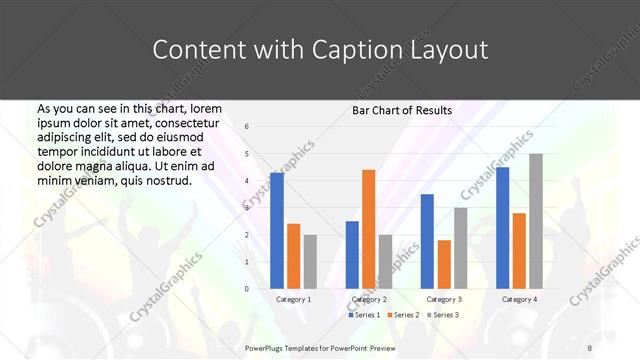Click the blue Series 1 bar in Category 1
[277, 231]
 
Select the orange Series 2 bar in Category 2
[368, 229]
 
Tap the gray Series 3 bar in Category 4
[536, 221]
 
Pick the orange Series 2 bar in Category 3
[444, 264]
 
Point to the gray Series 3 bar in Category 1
[310, 262]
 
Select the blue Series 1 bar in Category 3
[427, 241]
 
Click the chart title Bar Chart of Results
[402, 110]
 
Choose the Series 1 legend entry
[363, 315]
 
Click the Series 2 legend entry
[401, 315]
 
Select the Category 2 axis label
[369, 299]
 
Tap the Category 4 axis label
[519, 299]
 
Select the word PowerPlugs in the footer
[268, 347]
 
